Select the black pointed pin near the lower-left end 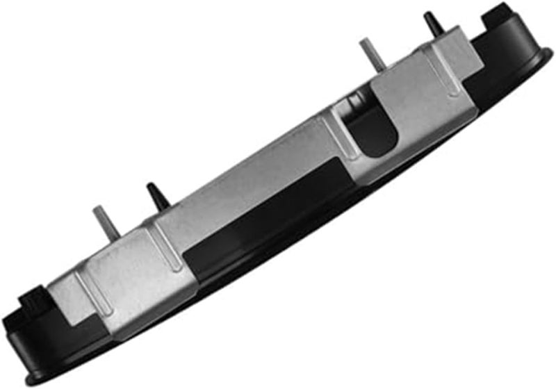(x=156, y=196)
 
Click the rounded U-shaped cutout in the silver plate (x=372, y=129)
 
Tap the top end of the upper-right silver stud (x=363, y=42)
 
